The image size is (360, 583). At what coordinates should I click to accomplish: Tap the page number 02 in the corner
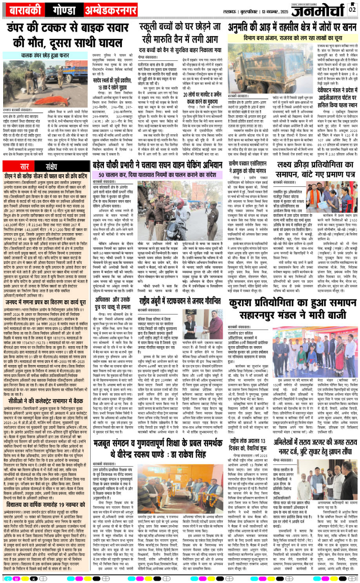(353, 8)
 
